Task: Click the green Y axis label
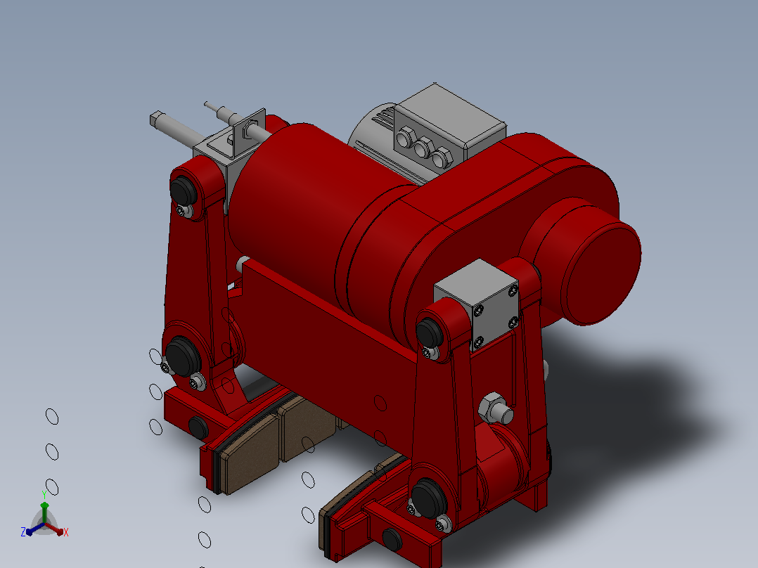pyautogui.click(x=44, y=494)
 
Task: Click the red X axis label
pyautogui.click(x=66, y=532)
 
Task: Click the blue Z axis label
pyautogui.click(x=23, y=531)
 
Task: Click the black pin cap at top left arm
pyautogui.click(x=184, y=190)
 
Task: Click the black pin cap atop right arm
pyautogui.click(x=429, y=333)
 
